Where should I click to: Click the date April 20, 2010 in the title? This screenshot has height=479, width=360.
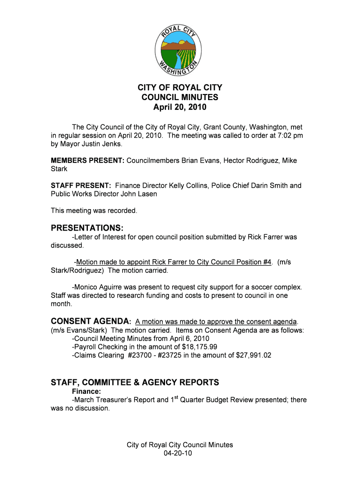pyautogui.click(x=180, y=108)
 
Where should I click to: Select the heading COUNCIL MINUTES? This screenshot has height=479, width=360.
pyautogui.click(x=180, y=98)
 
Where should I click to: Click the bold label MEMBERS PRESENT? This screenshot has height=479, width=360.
pyautogui.click(x=87, y=160)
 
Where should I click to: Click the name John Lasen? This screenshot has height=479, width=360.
pyautogui.click(x=139, y=194)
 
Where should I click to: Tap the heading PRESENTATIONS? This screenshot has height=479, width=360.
pyautogui.click(x=87, y=228)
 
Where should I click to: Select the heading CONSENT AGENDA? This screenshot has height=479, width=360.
pyautogui.click(x=91, y=321)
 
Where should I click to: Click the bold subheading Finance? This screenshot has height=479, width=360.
pyautogui.click(x=87, y=391)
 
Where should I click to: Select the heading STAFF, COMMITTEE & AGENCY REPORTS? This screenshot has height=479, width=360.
pyautogui.click(x=135, y=382)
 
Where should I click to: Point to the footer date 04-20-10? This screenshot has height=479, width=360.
pyautogui.click(x=180, y=454)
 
